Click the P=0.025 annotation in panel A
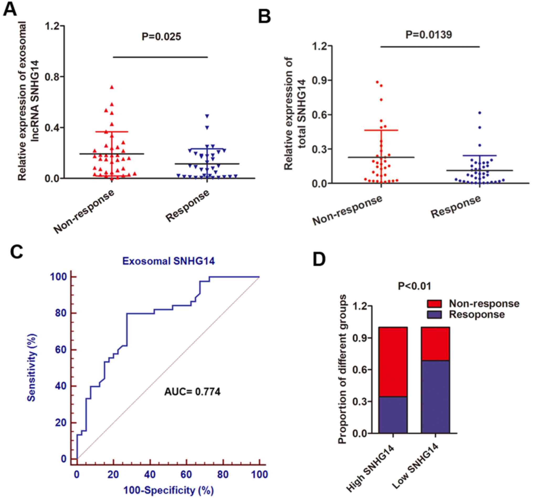(x=161, y=37)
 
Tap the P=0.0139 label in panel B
(x=429, y=35)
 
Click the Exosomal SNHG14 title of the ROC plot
(x=169, y=261)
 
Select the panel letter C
(x=17, y=252)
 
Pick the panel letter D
(x=319, y=260)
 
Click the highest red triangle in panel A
(x=112, y=87)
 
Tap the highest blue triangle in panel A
(x=207, y=116)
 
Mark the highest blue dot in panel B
(x=480, y=113)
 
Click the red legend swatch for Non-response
(x=434, y=304)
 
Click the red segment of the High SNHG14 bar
(x=393, y=361)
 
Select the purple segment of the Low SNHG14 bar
(x=435, y=397)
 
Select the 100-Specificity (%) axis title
(x=168, y=490)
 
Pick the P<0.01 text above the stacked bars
(x=414, y=286)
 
